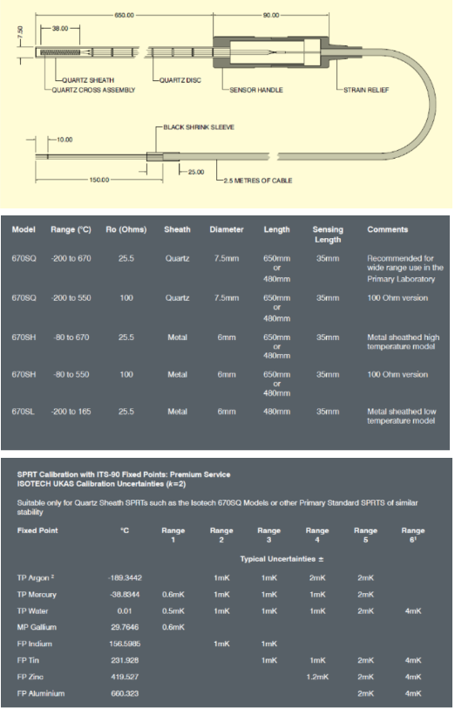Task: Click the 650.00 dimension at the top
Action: pos(125,15)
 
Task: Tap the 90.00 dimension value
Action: pos(271,15)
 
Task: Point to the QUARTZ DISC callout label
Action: pos(180,80)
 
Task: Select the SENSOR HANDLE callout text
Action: pos(256,90)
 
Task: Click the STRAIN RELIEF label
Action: pos(366,90)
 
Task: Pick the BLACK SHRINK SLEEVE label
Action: pos(199,127)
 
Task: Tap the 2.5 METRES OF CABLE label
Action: pos(257,181)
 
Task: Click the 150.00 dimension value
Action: pos(99,180)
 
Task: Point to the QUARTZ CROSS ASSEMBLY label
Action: pos(93,90)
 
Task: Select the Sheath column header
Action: pos(177,229)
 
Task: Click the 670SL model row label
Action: pos(23,412)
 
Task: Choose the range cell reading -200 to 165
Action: pos(71,412)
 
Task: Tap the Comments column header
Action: pos(387,229)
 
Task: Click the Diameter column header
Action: pos(227,229)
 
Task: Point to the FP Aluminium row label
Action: pos(41,693)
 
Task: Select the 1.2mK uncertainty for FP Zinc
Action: pos(317,677)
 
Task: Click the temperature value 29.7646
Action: pos(125,627)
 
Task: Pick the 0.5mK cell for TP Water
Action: pos(173,610)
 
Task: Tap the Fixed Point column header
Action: pos(37,530)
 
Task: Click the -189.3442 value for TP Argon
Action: pos(125,578)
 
